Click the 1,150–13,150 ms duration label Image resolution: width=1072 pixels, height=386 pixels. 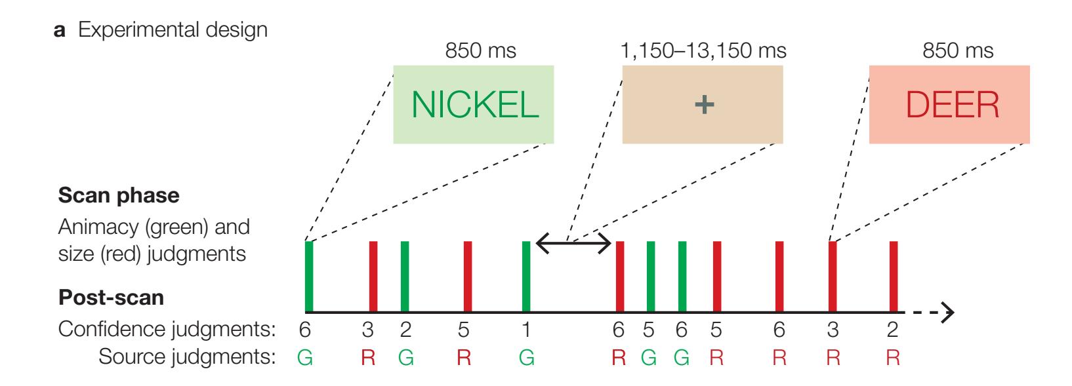(703, 50)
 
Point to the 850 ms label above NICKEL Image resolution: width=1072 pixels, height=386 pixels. (480, 50)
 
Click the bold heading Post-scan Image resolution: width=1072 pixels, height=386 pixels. (111, 298)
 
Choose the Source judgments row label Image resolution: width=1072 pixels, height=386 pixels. (185, 357)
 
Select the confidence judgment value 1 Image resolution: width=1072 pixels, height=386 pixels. (526, 329)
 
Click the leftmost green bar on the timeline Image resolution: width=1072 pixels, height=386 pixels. (309, 276)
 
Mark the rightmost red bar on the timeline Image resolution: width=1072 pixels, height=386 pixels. (893, 276)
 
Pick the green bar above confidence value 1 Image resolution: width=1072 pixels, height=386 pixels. (526, 276)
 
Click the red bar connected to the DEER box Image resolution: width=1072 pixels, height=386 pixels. (833, 276)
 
